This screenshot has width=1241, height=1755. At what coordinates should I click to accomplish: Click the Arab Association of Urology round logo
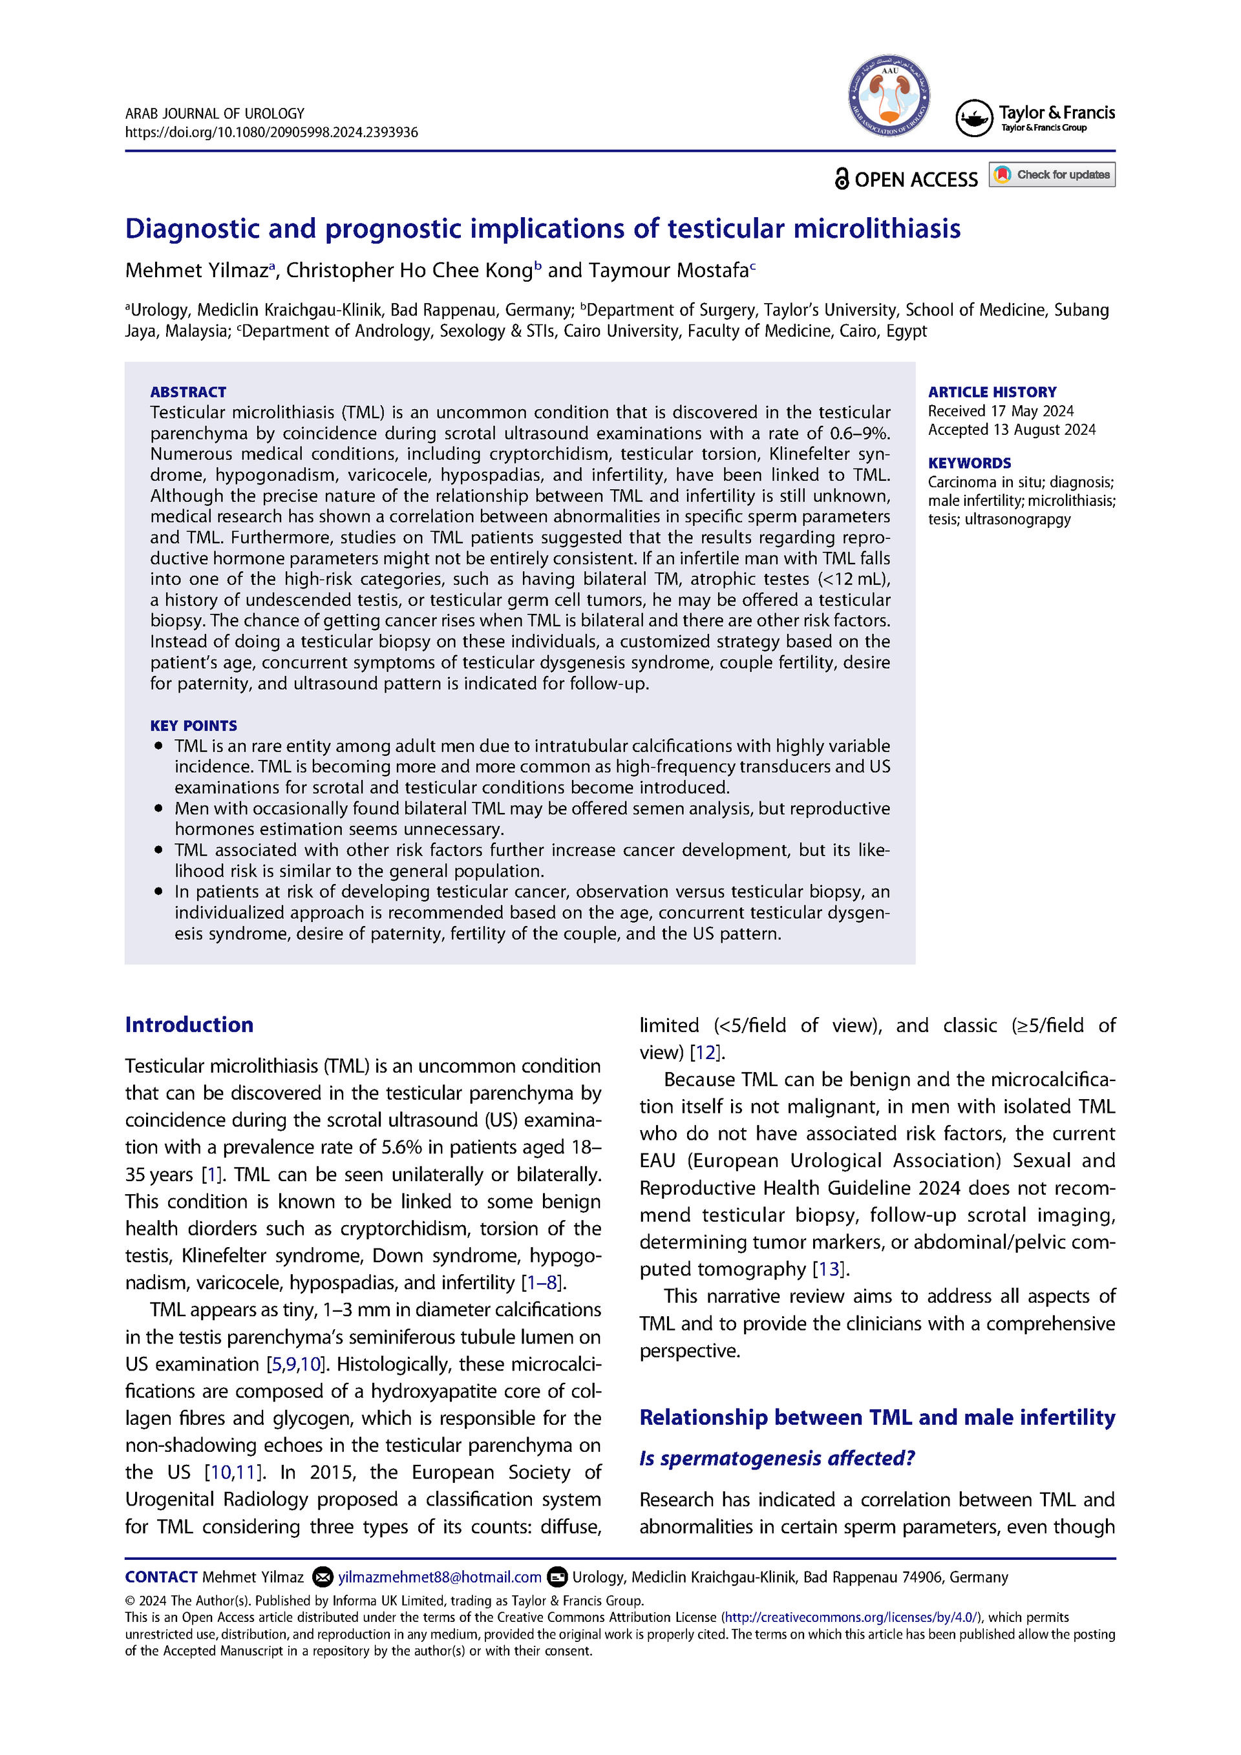tap(889, 96)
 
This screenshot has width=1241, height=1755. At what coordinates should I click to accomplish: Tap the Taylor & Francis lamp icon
tap(974, 118)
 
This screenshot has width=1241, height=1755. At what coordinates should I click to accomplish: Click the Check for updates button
tap(1052, 175)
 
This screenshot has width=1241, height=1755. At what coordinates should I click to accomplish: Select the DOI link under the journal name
tap(271, 132)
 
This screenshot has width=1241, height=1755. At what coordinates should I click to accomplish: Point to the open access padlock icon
tap(841, 179)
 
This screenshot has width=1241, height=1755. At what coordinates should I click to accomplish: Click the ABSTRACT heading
tap(188, 392)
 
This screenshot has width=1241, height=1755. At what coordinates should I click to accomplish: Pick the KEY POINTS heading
tap(193, 726)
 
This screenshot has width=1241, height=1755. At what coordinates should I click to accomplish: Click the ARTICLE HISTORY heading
tap(992, 392)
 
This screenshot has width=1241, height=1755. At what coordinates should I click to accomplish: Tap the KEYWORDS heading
tap(969, 463)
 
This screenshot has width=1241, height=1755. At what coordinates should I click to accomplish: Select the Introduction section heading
tap(189, 1024)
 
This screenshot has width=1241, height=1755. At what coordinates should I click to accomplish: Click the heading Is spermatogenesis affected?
tap(777, 1458)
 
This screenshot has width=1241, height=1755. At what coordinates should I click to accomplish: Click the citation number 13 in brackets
tap(829, 1270)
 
